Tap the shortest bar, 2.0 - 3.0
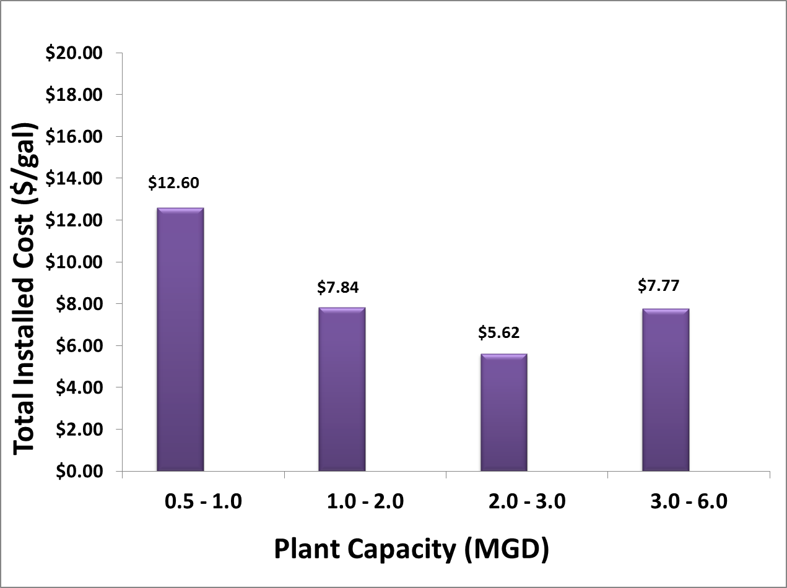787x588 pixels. click(x=503, y=412)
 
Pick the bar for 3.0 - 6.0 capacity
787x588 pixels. click(x=666, y=389)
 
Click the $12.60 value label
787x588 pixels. click(x=174, y=183)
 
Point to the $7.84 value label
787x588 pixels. click(x=338, y=287)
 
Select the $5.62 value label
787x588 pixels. click(x=499, y=332)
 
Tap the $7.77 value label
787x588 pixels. click(x=659, y=286)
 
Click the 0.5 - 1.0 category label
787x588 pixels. click(x=203, y=501)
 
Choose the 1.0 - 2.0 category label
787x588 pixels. click(x=365, y=501)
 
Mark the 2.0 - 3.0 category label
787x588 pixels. click(x=526, y=501)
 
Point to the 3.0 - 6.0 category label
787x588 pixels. click(x=688, y=501)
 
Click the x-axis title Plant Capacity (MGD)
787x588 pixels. click(x=411, y=549)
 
